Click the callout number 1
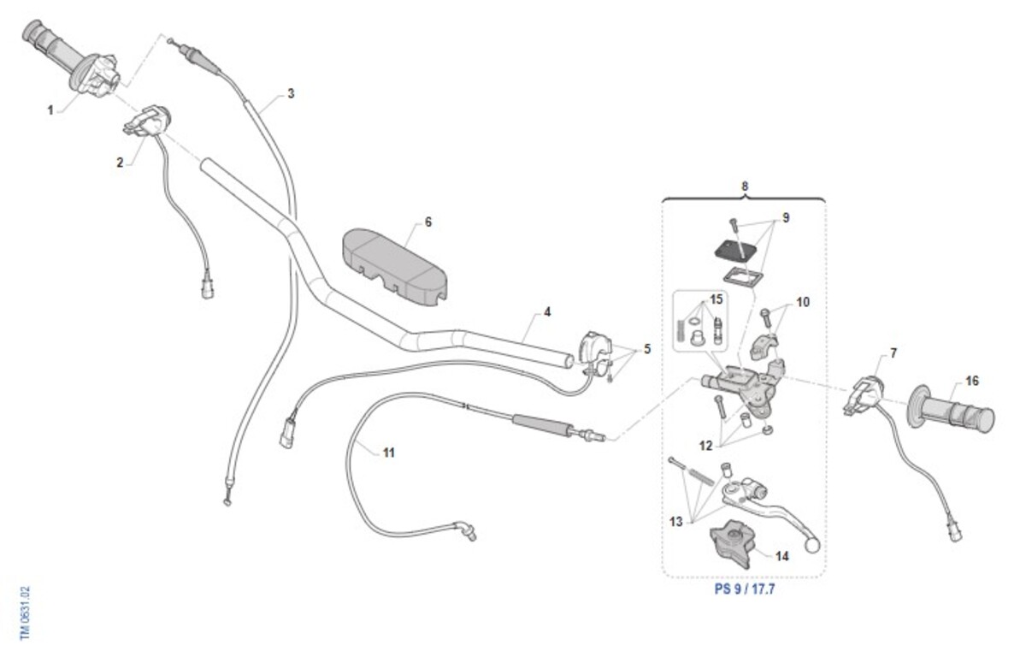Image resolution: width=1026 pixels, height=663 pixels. tap(50, 110)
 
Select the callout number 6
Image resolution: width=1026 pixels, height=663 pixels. tap(428, 222)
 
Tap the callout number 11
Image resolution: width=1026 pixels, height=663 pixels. tap(389, 453)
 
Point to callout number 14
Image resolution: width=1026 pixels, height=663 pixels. tap(782, 555)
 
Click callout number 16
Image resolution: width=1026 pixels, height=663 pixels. tap(973, 381)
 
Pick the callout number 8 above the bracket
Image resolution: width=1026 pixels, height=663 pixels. tap(745, 186)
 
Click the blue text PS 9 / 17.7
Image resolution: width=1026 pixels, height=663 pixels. tap(744, 589)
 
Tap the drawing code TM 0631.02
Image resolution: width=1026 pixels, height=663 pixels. tap(25, 613)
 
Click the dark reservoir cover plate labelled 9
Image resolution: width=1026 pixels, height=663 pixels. tap(736, 250)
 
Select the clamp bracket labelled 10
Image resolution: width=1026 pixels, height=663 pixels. tap(764, 346)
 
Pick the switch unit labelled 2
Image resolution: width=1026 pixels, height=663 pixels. tap(148, 121)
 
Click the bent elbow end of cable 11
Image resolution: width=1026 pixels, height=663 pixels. tap(467, 530)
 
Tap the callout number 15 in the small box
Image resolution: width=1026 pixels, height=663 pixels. tap(716, 299)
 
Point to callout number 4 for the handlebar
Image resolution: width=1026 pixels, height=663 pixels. tap(547, 312)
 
